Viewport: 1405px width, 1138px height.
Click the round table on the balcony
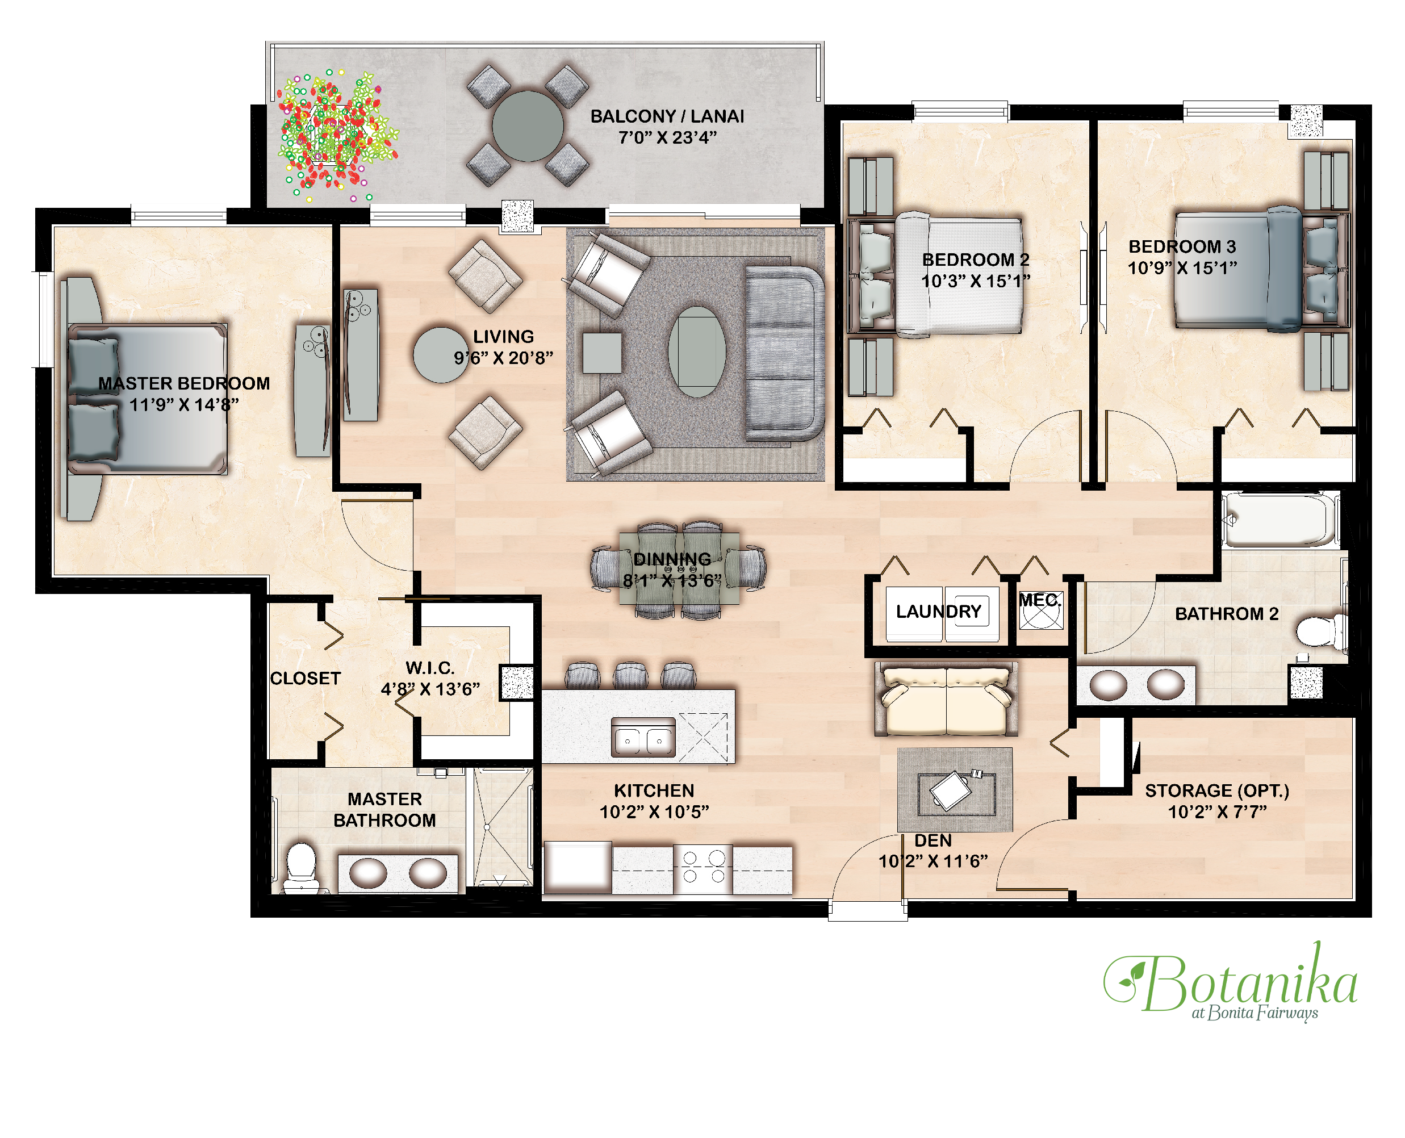click(527, 126)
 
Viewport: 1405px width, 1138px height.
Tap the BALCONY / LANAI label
click(667, 116)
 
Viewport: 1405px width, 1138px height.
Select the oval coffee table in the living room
click(696, 352)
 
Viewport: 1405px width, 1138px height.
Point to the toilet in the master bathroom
click(302, 867)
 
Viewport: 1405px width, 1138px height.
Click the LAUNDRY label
click(938, 612)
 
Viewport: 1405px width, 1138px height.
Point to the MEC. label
click(1039, 600)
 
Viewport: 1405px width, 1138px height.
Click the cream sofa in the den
click(946, 698)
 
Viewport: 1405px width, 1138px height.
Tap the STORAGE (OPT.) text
click(1216, 790)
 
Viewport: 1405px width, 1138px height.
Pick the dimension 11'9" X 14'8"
click(183, 404)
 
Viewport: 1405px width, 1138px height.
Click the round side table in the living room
click(441, 355)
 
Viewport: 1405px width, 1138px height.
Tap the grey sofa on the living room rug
click(784, 353)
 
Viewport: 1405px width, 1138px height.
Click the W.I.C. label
click(430, 668)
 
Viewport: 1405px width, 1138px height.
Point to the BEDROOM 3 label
click(1181, 246)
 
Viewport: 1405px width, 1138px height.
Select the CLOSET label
click(305, 679)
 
